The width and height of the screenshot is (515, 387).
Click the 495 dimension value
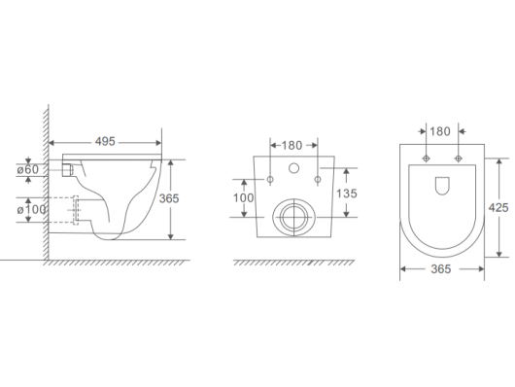point(105,142)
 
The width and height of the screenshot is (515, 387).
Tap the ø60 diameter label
point(28,169)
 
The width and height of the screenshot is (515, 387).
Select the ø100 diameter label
point(31,209)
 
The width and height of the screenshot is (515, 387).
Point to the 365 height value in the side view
point(169,198)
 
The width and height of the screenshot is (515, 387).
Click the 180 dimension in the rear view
point(292,145)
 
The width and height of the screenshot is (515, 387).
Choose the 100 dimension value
point(243,198)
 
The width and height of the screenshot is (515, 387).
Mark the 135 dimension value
point(347,193)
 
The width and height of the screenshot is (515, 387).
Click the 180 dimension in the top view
point(440,131)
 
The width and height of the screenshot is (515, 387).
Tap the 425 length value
point(498,208)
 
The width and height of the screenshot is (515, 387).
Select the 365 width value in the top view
point(441,269)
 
